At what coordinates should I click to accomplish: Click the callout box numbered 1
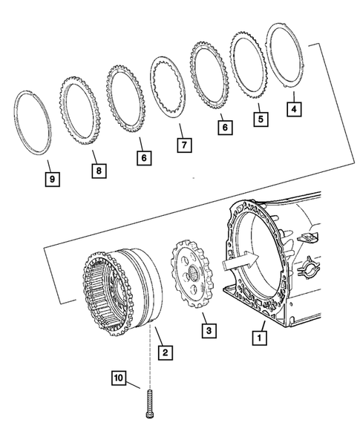[x=259, y=338]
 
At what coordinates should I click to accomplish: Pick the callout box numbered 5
[x=261, y=117]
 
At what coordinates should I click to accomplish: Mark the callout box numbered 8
[x=97, y=170]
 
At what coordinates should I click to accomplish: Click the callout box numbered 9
[x=51, y=179]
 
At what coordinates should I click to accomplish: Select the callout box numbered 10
[x=121, y=380]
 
